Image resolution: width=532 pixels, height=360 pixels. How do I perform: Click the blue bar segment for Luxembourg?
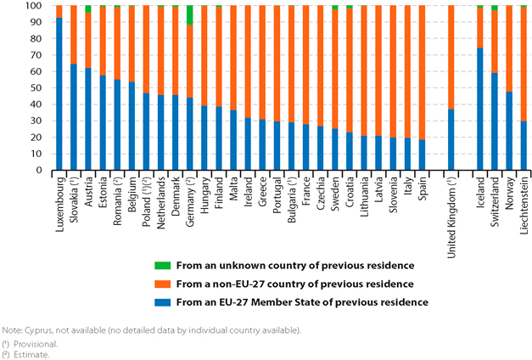tap(59, 93)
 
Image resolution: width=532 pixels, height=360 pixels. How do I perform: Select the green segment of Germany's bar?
tap(190, 14)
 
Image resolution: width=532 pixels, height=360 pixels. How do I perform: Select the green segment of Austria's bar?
tap(87, 8)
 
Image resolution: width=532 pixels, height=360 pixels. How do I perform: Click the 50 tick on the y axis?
tap(39, 87)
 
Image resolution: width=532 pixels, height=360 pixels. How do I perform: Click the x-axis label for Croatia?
tap(350, 193)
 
